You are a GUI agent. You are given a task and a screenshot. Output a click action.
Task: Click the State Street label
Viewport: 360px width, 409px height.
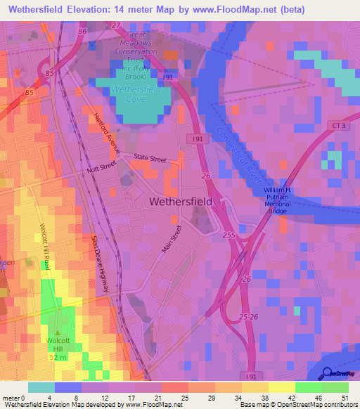tap(150, 159)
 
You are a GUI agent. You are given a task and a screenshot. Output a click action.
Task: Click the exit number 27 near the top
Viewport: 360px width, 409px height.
tap(116, 25)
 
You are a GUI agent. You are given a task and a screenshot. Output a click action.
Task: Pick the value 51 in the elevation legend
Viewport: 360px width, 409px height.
tap(345, 398)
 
